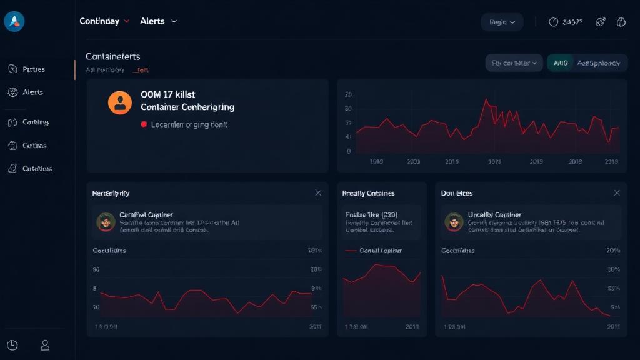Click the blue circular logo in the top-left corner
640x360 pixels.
pyautogui.click(x=14, y=21)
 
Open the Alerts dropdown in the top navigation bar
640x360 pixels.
pyautogui.click(x=159, y=21)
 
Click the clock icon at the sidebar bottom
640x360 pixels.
pyautogui.click(x=12, y=345)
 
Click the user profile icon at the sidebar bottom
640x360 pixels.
pyautogui.click(x=45, y=345)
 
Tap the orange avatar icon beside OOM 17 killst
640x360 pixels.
pyautogui.click(x=119, y=102)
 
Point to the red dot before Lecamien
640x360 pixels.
pyautogui.click(x=144, y=124)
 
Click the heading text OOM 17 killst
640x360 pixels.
pyautogui.click(x=168, y=94)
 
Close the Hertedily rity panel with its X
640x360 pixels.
pyautogui.click(x=318, y=193)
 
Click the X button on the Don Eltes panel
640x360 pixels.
pyautogui.click(x=617, y=193)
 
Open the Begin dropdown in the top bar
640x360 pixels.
pyautogui.click(x=502, y=22)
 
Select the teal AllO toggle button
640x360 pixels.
pyautogui.click(x=561, y=63)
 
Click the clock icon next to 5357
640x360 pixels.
pyautogui.click(x=553, y=22)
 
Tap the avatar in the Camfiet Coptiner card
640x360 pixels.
pyautogui.click(x=106, y=221)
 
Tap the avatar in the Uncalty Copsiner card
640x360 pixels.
pyautogui.click(x=453, y=221)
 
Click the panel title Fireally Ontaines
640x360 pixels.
pyautogui.click(x=368, y=193)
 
